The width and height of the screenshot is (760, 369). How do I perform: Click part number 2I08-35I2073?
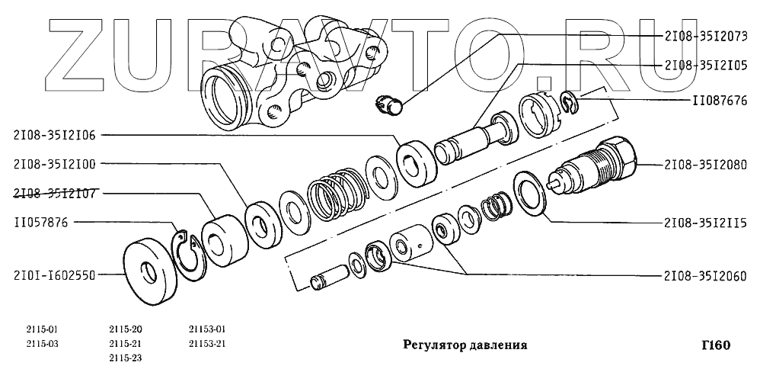(x=706, y=35)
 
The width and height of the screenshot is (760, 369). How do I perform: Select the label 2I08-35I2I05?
(x=706, y=66)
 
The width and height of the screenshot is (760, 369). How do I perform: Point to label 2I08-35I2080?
(x=706, y=164)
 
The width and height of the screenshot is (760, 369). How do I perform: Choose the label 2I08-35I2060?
(x=706, y=275)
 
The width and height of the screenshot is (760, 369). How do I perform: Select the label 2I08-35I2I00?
(x=54, y=163)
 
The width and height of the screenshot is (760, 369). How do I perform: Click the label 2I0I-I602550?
(x=54, y=275)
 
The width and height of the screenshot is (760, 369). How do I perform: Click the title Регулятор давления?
(x=465, y=345)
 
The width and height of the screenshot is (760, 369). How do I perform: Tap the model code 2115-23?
(x=126, y=357)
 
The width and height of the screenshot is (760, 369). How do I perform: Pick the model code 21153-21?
(x=208, y=343)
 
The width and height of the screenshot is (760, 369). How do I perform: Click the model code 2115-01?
(x=42, y=329)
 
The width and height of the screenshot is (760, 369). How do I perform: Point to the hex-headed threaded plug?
(x=602, y=165)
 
